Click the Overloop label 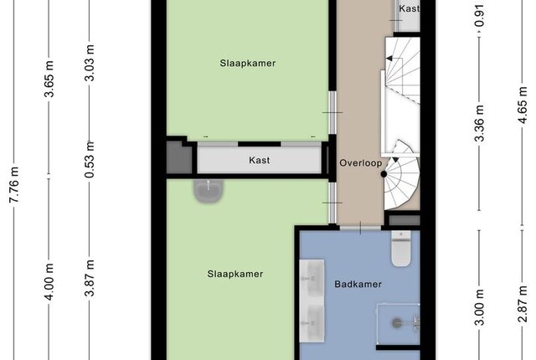coord(361,163)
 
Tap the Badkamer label coord(358,284)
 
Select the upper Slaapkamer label coord(248,63)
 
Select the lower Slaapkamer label coord(235,274)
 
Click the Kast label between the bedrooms coord(259,160)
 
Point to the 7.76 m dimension coord(14,185)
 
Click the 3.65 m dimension coord(49,79)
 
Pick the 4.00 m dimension coord(49,282)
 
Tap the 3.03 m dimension coord(90,63)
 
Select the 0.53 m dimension coord(90,160)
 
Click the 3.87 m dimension coord(90,278)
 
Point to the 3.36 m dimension coord(480,123)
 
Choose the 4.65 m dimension coord(523,105)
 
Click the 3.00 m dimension coord(480,307)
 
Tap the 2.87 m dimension coord(523,304)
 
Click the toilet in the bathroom coord(401,249)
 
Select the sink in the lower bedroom coord(209,191)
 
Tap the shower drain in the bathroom coord(396,323)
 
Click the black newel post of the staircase coord(384,174)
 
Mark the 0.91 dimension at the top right coord(480,16)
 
